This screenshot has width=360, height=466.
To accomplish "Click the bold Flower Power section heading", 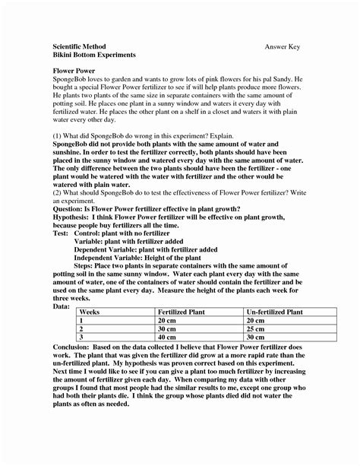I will (64, 71).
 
